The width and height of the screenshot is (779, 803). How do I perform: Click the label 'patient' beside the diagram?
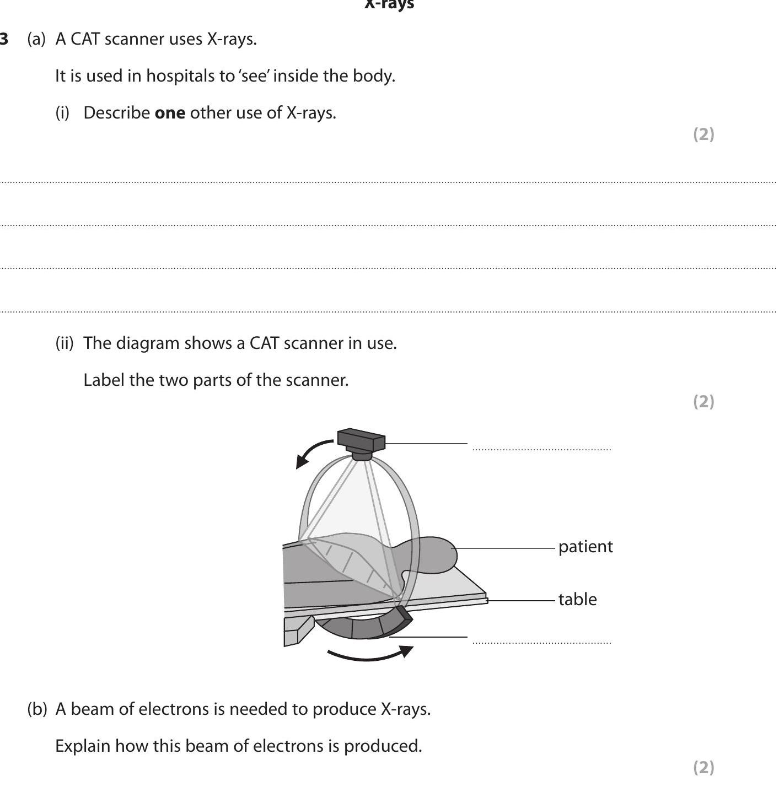click(x=585, y=547)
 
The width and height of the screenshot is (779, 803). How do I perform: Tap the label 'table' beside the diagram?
click(x=577, y=599)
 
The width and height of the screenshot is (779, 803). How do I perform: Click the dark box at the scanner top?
click(x=361, y=440)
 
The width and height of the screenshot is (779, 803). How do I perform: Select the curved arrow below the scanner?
click(x=369, y=655)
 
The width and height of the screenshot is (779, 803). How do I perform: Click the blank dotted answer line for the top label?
click(x=541, y=449)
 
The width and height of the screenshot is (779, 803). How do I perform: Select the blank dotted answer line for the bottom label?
click(x=541, y=642)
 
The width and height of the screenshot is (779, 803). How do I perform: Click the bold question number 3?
click(x=4, y=39)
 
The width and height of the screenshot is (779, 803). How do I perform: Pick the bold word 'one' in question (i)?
click(x=170, y=113)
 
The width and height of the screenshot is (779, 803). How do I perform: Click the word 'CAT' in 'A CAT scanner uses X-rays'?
click(x=85, y=39)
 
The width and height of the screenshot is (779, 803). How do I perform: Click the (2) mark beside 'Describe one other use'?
click(x=703, y=134)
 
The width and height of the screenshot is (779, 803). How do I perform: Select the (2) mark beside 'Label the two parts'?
click(x=703, y=401)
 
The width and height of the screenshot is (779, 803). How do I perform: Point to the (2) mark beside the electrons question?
click(x=703, y=767)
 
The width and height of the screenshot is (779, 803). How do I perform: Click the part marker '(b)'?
click(x=37, y=709)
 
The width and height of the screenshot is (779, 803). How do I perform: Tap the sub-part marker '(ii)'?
click(x=64, y=343)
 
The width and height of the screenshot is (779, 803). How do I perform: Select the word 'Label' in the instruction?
click(x=103, y=380)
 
